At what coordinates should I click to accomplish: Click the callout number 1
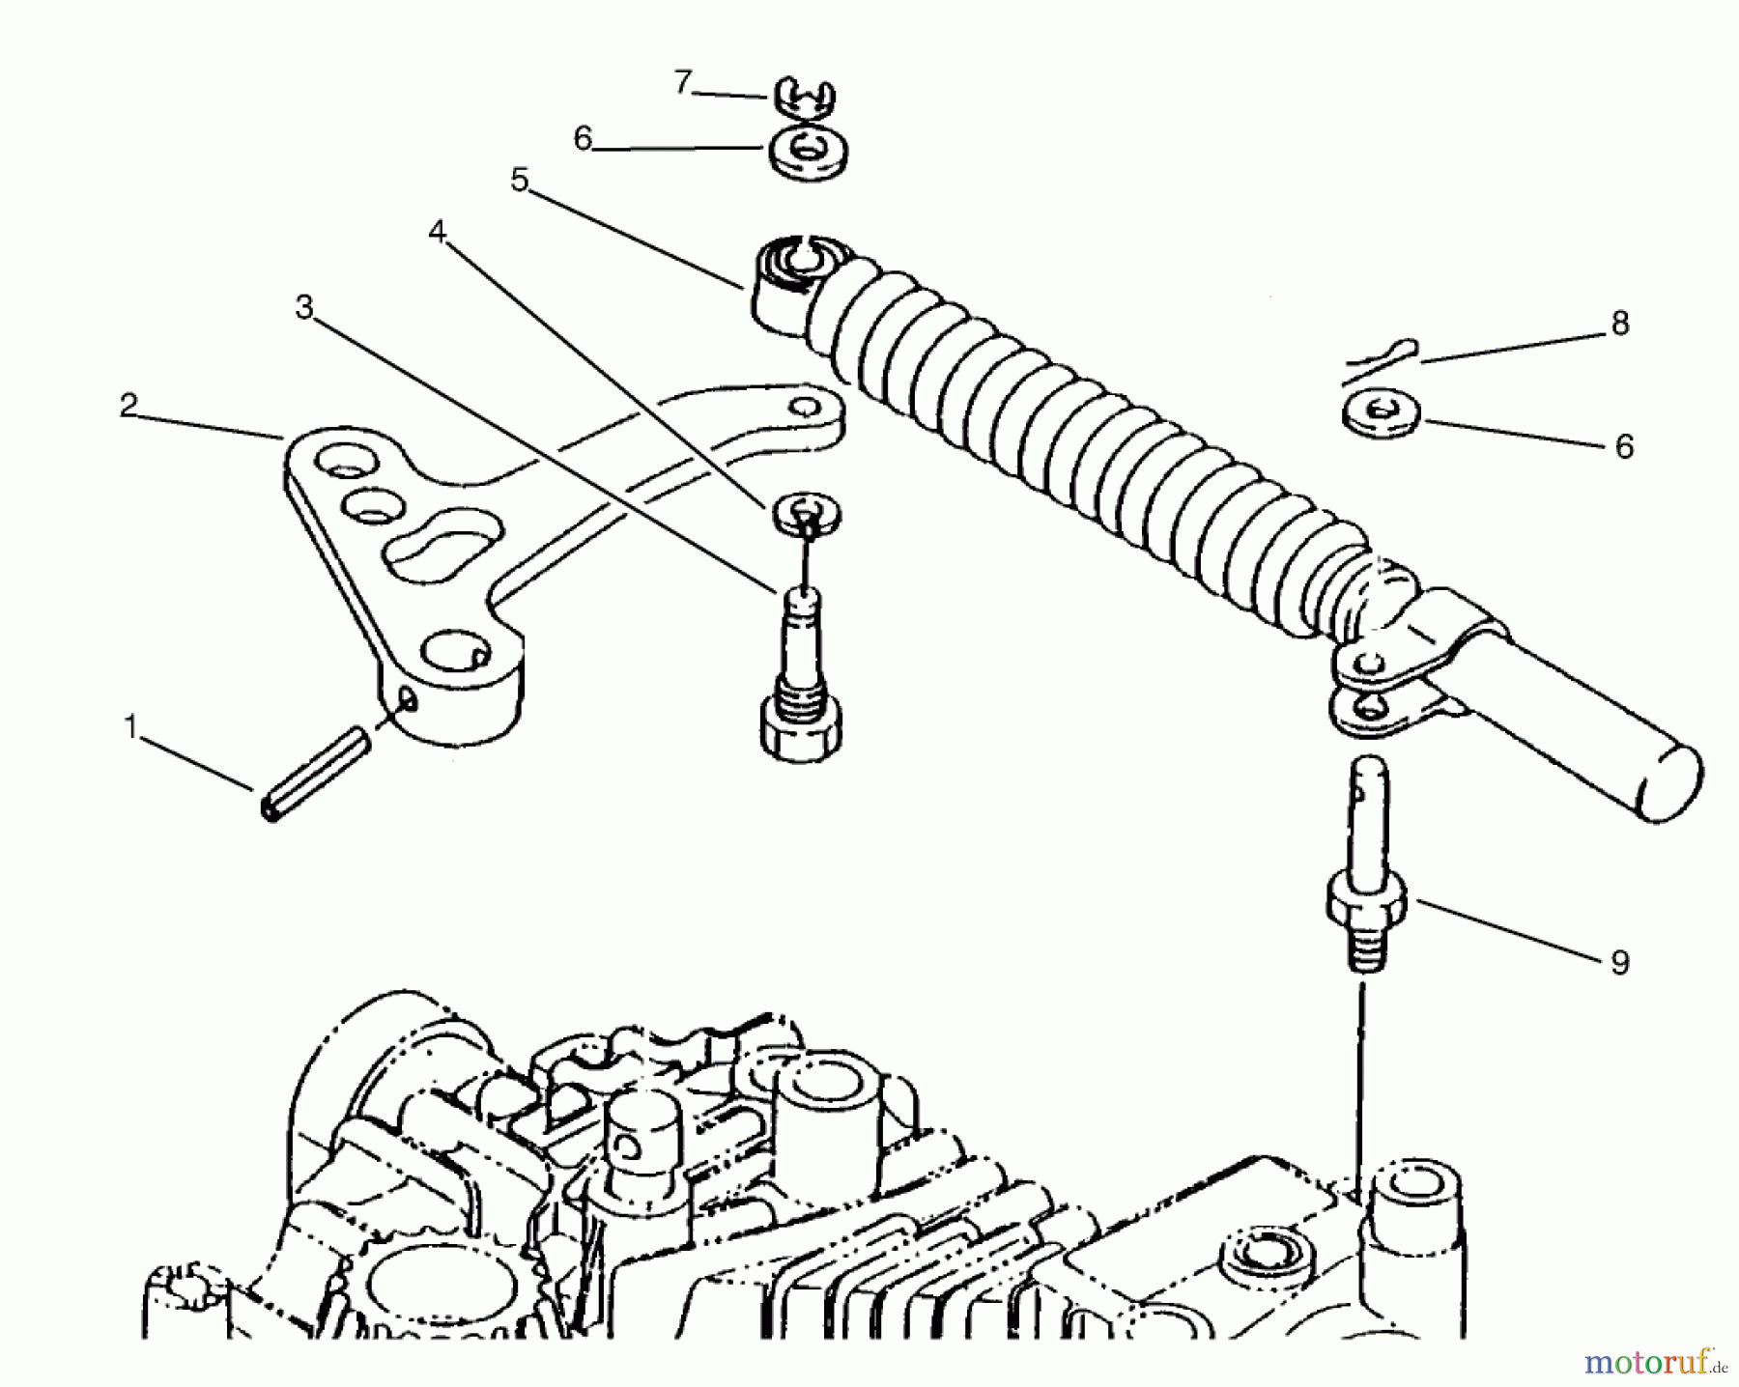click(130, 727)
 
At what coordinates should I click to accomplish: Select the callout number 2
click(128, 406)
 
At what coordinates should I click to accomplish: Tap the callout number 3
click(304, 308)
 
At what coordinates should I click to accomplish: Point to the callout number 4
click(438, 232)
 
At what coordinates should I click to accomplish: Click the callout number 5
click(521, 180)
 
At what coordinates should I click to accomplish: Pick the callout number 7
click(683, 83)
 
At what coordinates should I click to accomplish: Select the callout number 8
click(1620, 324)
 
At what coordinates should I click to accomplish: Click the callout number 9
click(1620, 963)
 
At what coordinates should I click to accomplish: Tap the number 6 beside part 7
click(582, 139)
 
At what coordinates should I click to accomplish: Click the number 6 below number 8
click(1624, 447)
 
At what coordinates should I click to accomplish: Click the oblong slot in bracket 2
click(444, 545)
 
